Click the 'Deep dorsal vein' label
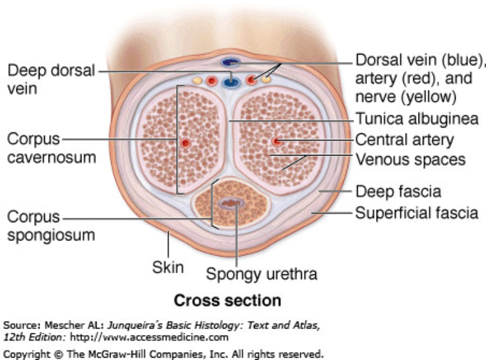click(x=50, y=80)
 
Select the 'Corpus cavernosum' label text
click(x=52, y=148)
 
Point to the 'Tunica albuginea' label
click(x=417, y=119)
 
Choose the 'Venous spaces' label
click(x=410, y=160)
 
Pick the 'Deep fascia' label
click(x=398, y=192)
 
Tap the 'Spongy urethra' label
click(x=261, y=274)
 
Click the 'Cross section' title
click(x=228, y=301)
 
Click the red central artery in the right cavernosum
click(x=276, y=141)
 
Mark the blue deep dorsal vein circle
click(x=231, y=81)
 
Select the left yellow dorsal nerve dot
click(x=197, y=80)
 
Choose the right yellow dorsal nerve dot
click(x=266, y=80)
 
